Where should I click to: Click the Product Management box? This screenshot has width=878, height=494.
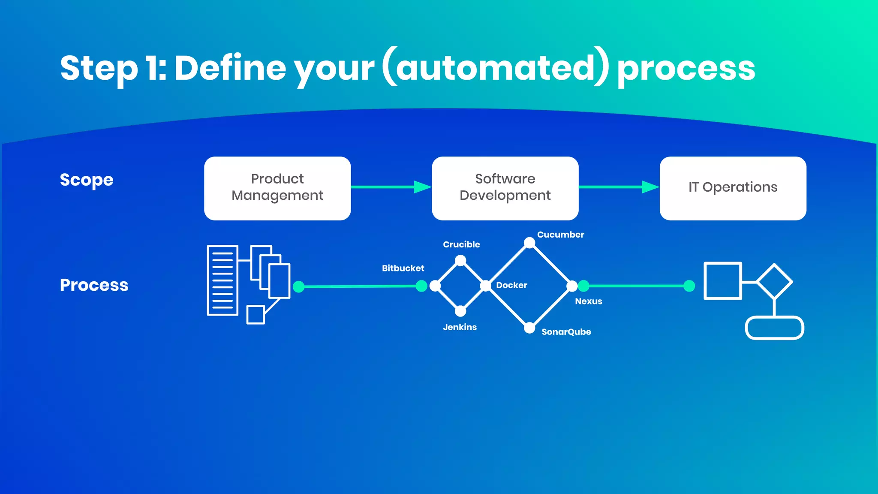[277, 188]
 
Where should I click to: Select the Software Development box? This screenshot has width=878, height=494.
[505, 188]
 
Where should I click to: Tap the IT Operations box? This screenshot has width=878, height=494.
[733, 188]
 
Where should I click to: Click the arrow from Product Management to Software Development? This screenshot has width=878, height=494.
[390, 187]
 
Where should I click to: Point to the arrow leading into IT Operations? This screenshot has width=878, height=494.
[618, 187]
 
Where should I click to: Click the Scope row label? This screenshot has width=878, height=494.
[87, 180]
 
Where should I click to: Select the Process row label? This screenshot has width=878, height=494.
[94, 285]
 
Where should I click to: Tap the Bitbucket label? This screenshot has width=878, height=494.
[403, 268]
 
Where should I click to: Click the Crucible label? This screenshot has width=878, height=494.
[461, 244]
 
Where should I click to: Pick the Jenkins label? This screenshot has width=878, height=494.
[460, 327]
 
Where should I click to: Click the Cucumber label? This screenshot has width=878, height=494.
[560, 235]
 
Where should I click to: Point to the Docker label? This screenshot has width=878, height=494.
[511, 285]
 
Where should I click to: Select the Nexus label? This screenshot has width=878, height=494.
[588, 301]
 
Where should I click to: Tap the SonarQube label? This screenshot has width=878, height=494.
[566, 332]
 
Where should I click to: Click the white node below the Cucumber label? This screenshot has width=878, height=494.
[529, 243]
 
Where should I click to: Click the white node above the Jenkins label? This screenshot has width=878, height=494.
[460, 311]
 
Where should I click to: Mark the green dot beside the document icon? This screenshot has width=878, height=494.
[299, 286]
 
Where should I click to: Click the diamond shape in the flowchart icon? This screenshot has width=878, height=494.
[774, 282]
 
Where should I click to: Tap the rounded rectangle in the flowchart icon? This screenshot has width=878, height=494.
[774, 328]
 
